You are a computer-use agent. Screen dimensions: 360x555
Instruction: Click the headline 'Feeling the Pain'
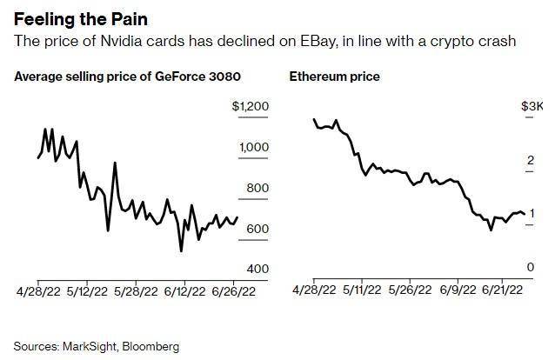pos(72,18)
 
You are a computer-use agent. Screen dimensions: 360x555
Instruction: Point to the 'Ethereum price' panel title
pos(334,77)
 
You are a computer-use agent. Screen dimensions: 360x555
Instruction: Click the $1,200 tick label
pos(251,107)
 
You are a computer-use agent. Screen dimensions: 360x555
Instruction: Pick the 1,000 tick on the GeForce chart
pos(254,147)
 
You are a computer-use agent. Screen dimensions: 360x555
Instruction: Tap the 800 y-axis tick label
pos(258,188)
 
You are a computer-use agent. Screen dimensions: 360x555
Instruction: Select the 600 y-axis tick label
pos(258,228)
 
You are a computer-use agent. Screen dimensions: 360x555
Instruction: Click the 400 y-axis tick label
pos(258,269)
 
